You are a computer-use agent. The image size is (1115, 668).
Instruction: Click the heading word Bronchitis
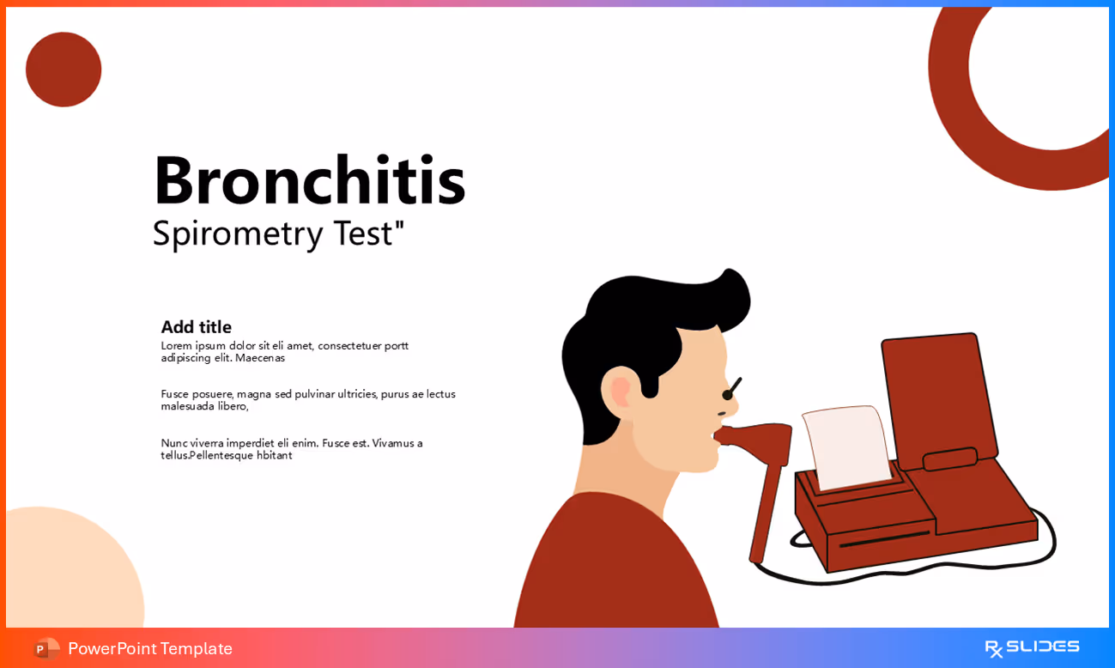(x=309, y=181)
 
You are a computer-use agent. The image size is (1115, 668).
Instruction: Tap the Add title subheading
(x=196, y=327)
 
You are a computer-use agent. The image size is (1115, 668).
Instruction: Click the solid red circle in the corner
(x=64, y=70)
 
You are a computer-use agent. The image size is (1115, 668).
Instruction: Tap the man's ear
(x=620, y=392)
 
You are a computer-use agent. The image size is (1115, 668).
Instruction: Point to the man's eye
(x=730, y=392)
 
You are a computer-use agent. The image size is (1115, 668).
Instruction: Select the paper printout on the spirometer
(x=847, y=446)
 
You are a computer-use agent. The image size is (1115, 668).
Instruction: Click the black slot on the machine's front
(x=884, y=538)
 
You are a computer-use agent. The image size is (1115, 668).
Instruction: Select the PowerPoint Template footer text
(x=150, y=648)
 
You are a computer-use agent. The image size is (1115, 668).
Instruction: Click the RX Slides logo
(x=1032, y=647)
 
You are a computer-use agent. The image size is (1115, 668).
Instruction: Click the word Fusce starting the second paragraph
(x=175, y=394)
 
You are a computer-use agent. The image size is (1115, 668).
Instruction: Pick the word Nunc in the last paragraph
(x=174, y=443)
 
